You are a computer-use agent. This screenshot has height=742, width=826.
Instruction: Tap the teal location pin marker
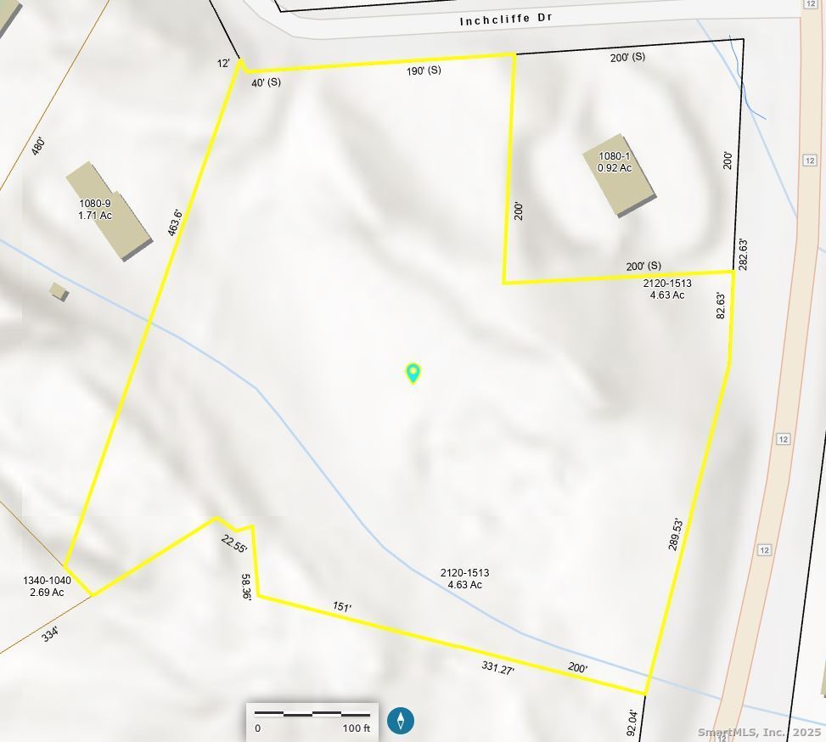point(413,373)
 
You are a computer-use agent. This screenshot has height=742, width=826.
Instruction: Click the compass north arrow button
point(401,721)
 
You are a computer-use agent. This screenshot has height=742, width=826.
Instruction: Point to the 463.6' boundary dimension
point(175,223)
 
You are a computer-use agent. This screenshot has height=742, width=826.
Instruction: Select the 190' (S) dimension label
point(424,70)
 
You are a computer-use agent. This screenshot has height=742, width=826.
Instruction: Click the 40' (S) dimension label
point(266,82)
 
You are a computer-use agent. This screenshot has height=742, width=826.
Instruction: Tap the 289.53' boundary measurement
point(676,534)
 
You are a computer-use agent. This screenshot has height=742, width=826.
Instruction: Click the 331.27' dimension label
point(497,668)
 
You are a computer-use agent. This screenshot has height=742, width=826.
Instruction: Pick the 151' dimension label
point(341,607)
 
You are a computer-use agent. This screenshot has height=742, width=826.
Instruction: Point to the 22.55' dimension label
point(233,544)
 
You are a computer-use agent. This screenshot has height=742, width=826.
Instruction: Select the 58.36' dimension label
point(246,587)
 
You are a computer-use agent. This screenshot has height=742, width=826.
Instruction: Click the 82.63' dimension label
point(722,306)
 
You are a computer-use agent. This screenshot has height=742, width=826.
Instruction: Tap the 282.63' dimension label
point(743,255)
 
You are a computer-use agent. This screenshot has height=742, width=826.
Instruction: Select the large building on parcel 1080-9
point(110,211)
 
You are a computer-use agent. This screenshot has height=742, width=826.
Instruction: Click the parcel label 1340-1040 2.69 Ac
point(47,587)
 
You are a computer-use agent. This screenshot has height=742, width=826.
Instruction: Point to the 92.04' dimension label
point(632,722)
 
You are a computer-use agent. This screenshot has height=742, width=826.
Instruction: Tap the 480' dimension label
point(37,146)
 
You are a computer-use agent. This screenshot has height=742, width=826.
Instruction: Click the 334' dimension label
point(50,633)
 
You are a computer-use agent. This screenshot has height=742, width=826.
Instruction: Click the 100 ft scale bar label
point(357,728)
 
